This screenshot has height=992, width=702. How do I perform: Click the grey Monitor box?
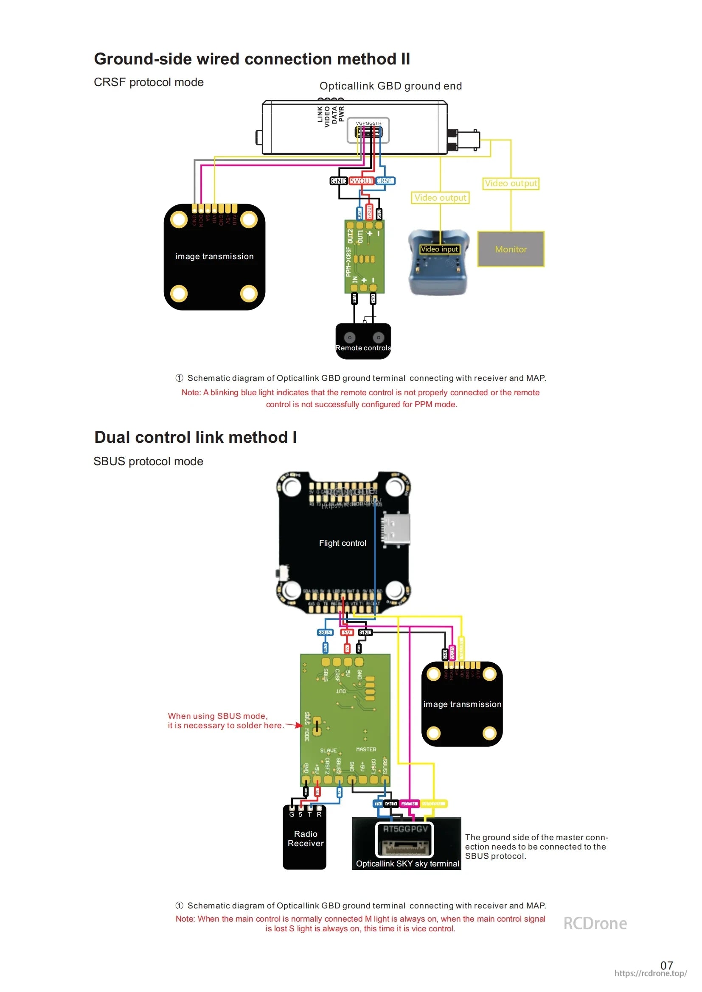tap(511, 249)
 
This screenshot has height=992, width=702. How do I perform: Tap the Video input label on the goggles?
tap(439, 249)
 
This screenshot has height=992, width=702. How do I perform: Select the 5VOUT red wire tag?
tap(361, 181)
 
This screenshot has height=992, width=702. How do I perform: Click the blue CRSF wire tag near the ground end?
tap(384, 181)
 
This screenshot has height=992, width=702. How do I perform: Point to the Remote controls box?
tap(363, 341)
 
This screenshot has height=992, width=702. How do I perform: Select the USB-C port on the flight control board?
tap(395, 528)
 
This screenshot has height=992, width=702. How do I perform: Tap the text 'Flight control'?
tap(343, 543)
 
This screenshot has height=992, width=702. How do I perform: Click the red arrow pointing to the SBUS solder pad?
tap(294, 725)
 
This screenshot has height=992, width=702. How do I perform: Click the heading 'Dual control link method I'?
tap(195, 437)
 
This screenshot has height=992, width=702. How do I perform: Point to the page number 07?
tap(666, 965)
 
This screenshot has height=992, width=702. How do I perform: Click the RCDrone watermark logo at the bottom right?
tap(595, 923)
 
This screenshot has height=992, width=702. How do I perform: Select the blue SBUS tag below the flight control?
tap(325, 632)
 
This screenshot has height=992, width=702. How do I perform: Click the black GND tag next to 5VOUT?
tap(338, 181)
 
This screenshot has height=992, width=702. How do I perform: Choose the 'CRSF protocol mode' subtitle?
tap(149, 82)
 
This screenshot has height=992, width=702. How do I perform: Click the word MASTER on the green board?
tap(366, 749)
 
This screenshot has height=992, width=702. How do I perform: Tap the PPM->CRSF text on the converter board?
tap(348, 261)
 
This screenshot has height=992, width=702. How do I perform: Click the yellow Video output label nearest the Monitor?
tap(511, 183)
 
